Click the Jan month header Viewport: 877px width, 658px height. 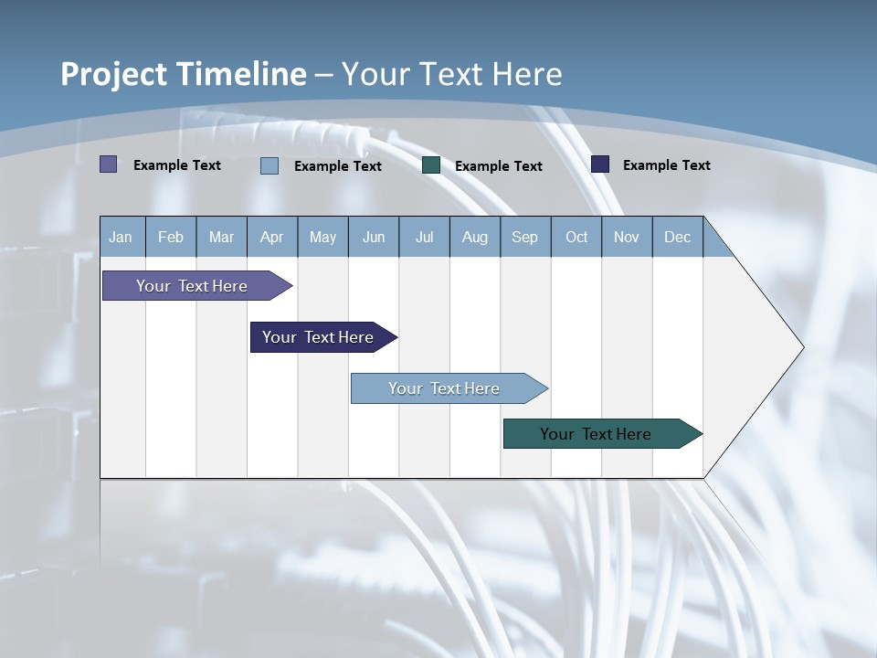pyautogui.click(x=121, y=237)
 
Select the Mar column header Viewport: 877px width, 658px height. pyautogui.click(x=221, y=237)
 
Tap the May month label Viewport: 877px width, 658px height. pyautogui.click(x=322, y=237)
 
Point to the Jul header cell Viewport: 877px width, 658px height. pyautogui.click(x=424, y=237)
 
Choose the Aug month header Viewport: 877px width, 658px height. pyautogui.click(x=474, y=237)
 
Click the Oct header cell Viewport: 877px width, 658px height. pyautogui.click(x=576, y=237)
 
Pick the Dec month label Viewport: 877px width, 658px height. pyautogui.click(x=677, y=237)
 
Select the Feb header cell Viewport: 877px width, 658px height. pyautogui.click(x=171, y=237)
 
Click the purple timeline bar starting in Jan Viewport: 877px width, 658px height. pyautogui.click(x=192, y=286)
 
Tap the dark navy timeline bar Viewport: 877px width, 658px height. pyautogui.click(x=318, y=337)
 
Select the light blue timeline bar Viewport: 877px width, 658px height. pyautogui.click(x=444, y=388)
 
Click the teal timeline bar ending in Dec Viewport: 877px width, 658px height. pyautogui.click(x=596, y=434)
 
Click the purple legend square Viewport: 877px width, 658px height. pyautogui.click(x=109, y=164)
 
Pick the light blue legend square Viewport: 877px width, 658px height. pyautogui.click(x=269, y=165)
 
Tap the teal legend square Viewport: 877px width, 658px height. pyautogui.click(x=431, y=164)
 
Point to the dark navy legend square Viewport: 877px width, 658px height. pyautogui.click(x=600, y=164)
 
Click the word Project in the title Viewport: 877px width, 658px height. pyautogui.click(x=113, y=74)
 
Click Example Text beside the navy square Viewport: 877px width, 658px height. pyautogui.click(x=666, y=164)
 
